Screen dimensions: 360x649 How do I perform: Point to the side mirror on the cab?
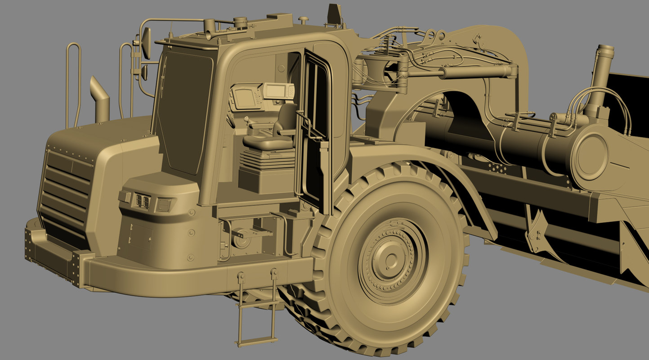[x=146, y=43]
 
